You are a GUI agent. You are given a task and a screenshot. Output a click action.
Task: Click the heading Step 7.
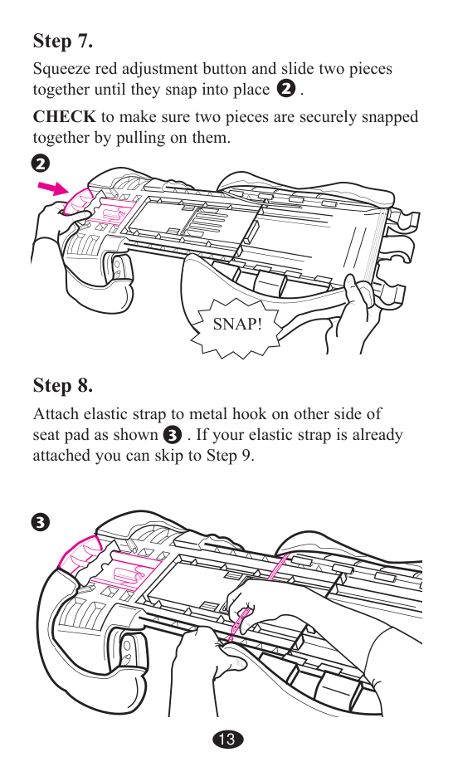pyautogui.click(x=63, y=41)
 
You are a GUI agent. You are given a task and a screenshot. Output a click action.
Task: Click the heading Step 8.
pyautogui.click(x=63, y=385)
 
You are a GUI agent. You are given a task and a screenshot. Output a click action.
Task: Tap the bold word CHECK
pyautogui.click(x=64, y=117)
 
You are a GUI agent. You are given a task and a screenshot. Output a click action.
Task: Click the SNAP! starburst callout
pyautogui.click(x=236, y=324)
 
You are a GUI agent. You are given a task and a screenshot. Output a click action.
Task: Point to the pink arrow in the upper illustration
pyautogui.click(x=54, y=188)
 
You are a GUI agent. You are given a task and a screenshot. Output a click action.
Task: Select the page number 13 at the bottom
pyautogui.click(x=226, y=739)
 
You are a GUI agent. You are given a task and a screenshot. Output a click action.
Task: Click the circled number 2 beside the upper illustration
pyautogui.click(x=41, y=164)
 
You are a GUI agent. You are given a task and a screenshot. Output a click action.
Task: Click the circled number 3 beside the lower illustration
pyautogui.click(x=41, y=522)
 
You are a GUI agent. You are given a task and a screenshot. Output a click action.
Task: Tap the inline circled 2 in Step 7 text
pyautogui.click(x=286, y=89)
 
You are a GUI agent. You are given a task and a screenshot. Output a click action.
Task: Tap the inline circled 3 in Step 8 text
pyautogui.click(x=173, y=435)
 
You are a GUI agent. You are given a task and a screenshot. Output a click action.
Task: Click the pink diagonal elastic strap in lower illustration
pyautogui.click(x=278, y=566)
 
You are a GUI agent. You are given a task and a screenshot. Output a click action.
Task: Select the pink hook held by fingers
pyautogui.click(x=240, y=622)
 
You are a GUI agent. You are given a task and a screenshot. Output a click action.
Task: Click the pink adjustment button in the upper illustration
pyautogui.click(x=76, y=201)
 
